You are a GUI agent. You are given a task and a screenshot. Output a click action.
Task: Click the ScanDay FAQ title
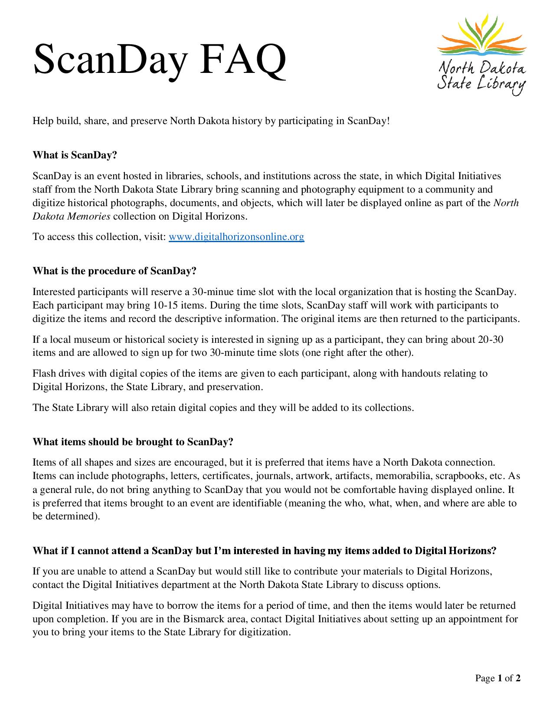pos(160,61)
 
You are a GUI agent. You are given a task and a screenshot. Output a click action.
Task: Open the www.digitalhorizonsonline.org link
pos(236,236)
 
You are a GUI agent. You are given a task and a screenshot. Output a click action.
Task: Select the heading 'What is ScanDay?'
pos(75,155)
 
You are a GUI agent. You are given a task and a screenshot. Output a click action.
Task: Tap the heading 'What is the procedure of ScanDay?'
pos(115,271)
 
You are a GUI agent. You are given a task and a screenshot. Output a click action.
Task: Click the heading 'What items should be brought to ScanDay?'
pos(133,442)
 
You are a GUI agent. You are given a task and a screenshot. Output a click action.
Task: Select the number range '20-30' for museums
pos(491,339)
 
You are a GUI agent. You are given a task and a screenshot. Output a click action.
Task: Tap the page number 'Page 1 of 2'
pos(497,678)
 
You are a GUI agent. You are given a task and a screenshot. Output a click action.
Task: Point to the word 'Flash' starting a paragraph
pos(44,373)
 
